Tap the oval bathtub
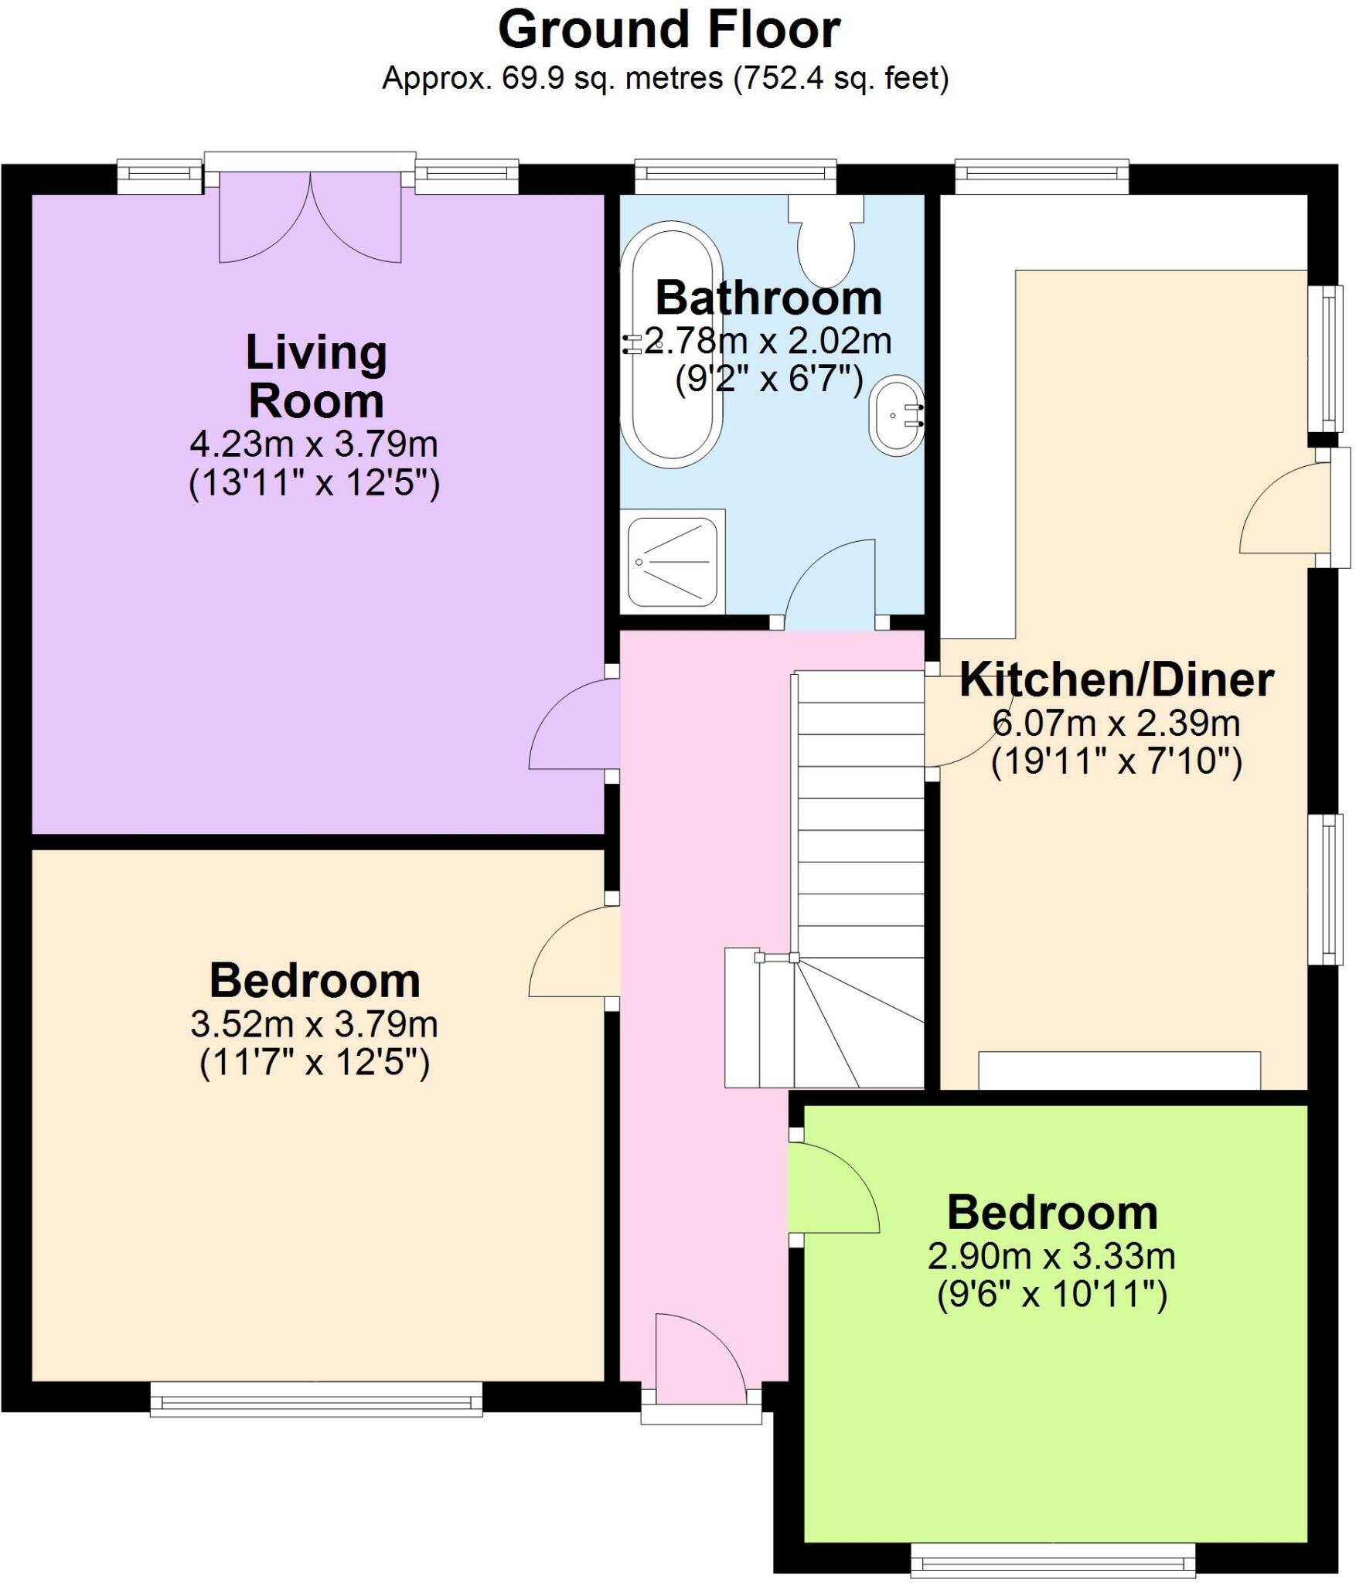[x=676, y=344]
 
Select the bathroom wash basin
[x=896, y=416]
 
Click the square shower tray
[x=673, y=562]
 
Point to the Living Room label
[x=315, y=376]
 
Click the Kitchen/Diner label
[x=1116, y=680]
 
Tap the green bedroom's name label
[x=1052, y=1213]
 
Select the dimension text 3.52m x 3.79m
[x=314, y=1025]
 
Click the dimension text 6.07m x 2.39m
[x=1116, y=723]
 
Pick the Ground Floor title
[x=669, y=31]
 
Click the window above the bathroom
[x=735, y=177]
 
